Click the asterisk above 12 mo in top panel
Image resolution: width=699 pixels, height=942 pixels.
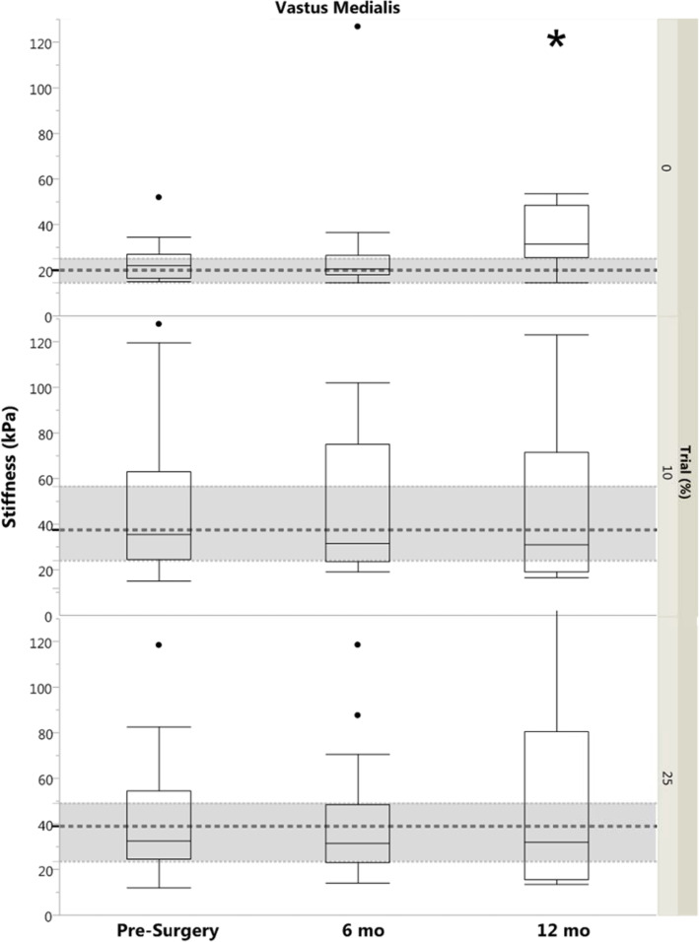pos(556,40)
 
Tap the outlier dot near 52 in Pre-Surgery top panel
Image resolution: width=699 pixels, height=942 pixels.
pos(159,197)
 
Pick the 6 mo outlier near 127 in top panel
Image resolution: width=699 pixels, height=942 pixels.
pos(357,26)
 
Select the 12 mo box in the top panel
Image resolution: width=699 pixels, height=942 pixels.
pos(556,232)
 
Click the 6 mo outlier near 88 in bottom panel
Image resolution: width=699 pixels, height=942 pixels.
pos(357,715)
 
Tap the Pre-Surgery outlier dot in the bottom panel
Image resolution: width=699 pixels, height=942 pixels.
pos(159,644)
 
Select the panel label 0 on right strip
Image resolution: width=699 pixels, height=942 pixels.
pos(666,168)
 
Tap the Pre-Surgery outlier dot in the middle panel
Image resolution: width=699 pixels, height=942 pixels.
pos(159,323)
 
